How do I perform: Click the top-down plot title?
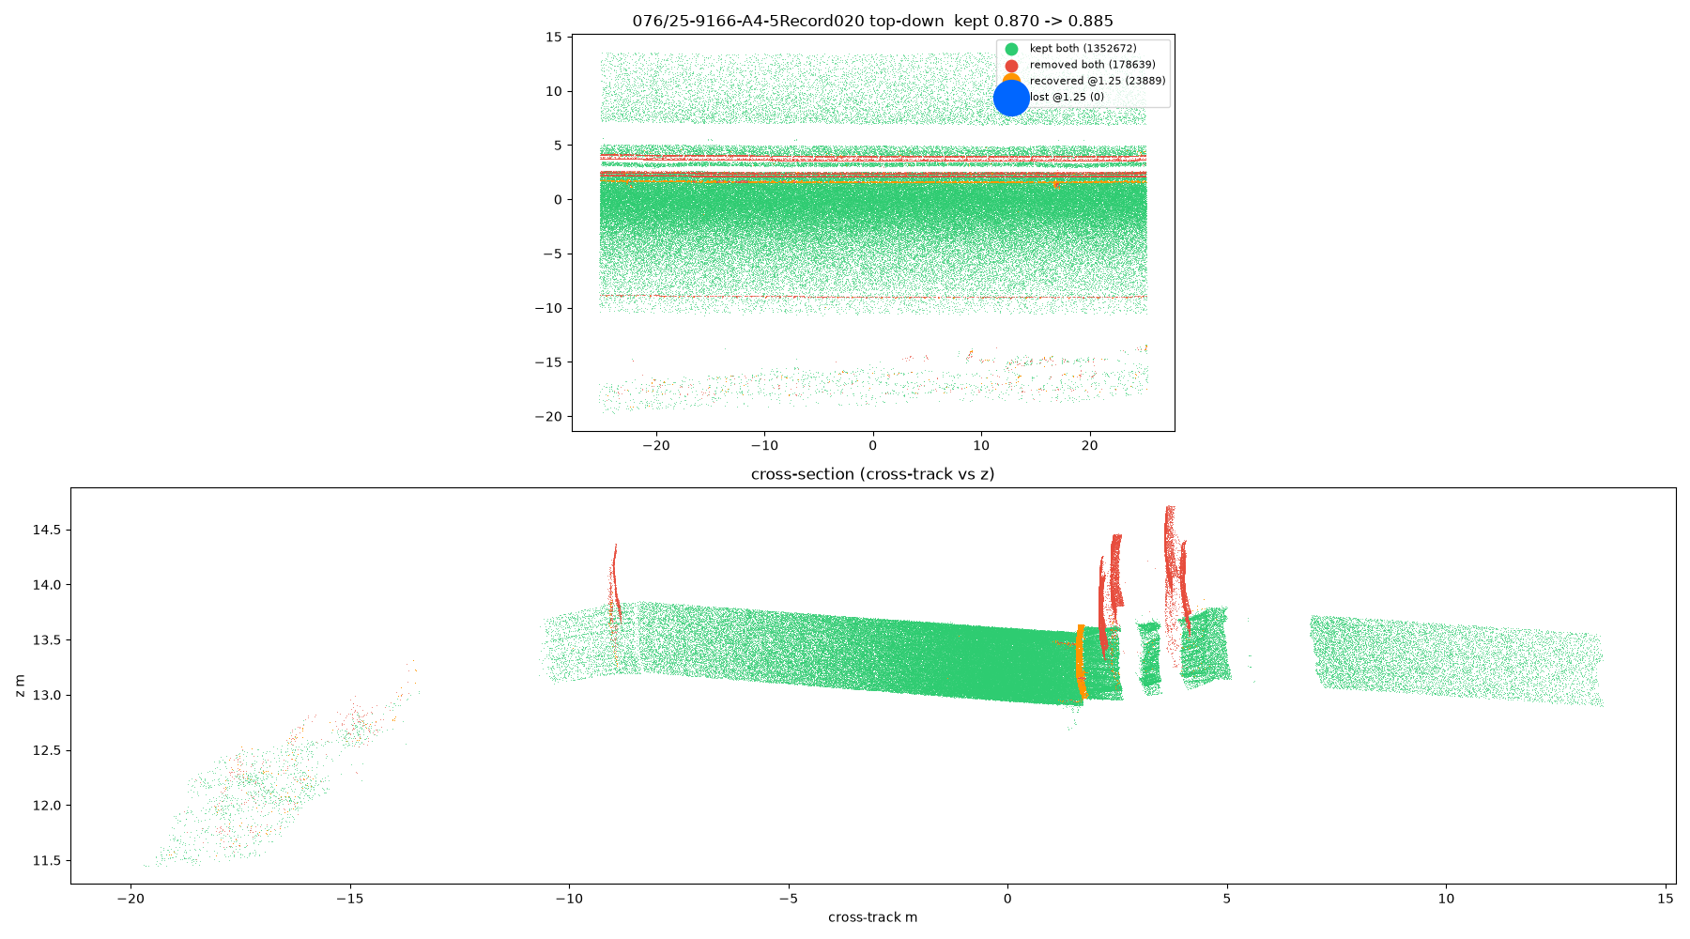tap(872, 21)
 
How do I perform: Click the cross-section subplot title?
tap(872, 474)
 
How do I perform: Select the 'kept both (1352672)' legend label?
tap(1083, 49)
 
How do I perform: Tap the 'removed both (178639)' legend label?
tap(1092, 65)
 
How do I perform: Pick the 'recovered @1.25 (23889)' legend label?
tap(1098, 81)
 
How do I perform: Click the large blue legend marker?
tap(1011, 98)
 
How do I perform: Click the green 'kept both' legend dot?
tap(1011, 49)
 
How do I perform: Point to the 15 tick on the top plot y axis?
tap(554, 38)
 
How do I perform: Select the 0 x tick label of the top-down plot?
tap(873, 446)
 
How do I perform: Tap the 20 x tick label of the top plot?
tap(1089, 446)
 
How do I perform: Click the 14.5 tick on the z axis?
tap(47, 531)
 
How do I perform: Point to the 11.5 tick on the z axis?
tap(47, 861)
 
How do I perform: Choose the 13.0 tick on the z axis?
tap(47, 696)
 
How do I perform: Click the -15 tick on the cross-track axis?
tap(349, 899)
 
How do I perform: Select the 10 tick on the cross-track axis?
tap(1446, 899)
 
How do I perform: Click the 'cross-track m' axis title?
tap(872, 917)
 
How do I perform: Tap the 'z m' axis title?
tap(20, 685)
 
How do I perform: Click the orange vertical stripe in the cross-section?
tap(1081, 662)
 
